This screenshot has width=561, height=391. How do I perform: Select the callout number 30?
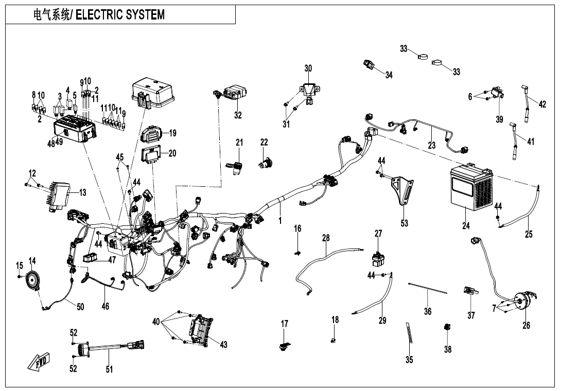[308, 68]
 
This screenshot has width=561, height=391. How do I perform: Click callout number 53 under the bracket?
[405, 223]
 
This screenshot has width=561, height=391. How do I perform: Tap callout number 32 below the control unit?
[238, 116]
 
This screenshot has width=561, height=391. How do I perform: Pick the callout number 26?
[526, 325]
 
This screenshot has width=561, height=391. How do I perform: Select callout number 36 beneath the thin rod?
[428, 311]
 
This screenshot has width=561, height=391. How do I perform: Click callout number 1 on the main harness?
[280, 220]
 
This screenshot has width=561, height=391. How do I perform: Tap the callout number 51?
[109, 369]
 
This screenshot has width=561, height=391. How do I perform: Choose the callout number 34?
[389, 75]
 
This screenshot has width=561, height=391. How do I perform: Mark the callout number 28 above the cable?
[326, 238]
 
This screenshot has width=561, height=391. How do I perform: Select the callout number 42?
[542, 104]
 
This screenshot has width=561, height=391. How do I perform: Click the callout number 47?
[112, 260]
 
